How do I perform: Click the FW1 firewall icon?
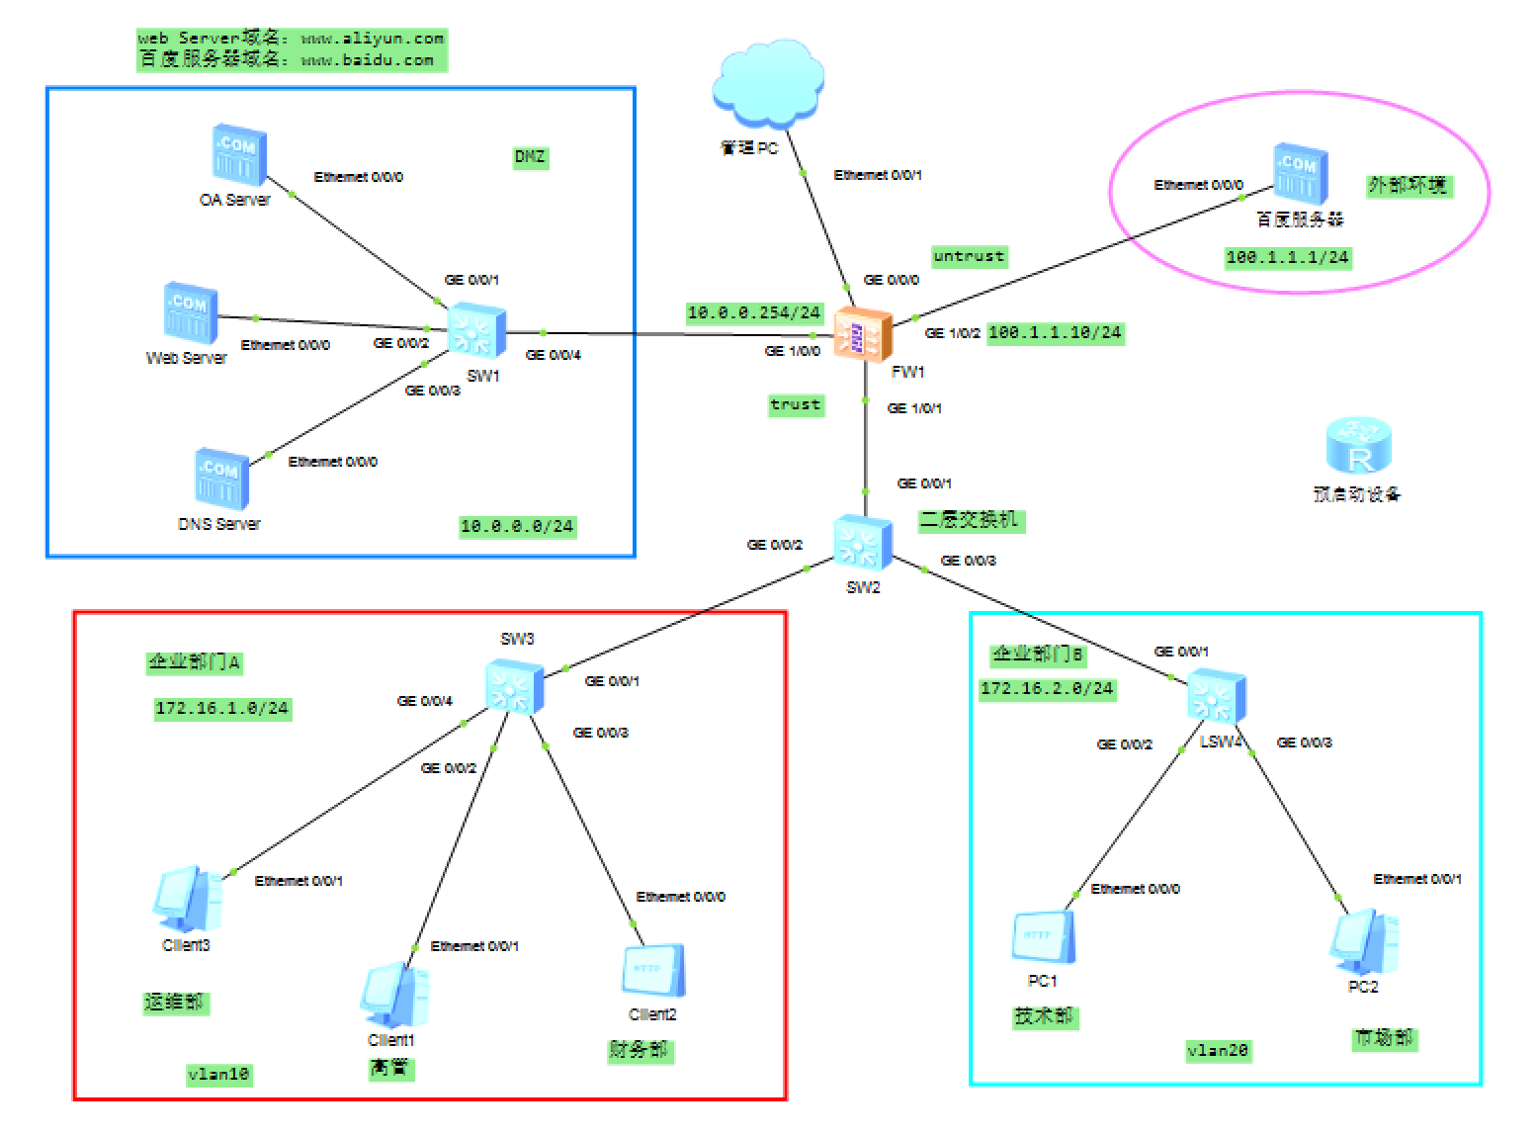click(x=863, y=334)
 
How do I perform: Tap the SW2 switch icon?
click(x=862, y=543)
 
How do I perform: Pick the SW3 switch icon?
click(x=514, y=685)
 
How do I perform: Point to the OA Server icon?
click(x=238, y=155)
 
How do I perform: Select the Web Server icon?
click(x=190, y=313)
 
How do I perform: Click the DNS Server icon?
click(x=221, y=480)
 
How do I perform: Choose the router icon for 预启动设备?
click(x=1358, y=446)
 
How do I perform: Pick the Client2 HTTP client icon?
click(x=652, y=971)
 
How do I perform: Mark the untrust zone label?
click(x=969, y=256)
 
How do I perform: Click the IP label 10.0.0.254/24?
click(x=754, y=312)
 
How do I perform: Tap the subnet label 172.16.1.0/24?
click(x=221, y=708)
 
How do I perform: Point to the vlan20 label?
click(x=1218, y=1051)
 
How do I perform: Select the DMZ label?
click(x=530, y=157)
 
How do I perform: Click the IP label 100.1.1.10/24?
click(x=1055, y=332)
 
